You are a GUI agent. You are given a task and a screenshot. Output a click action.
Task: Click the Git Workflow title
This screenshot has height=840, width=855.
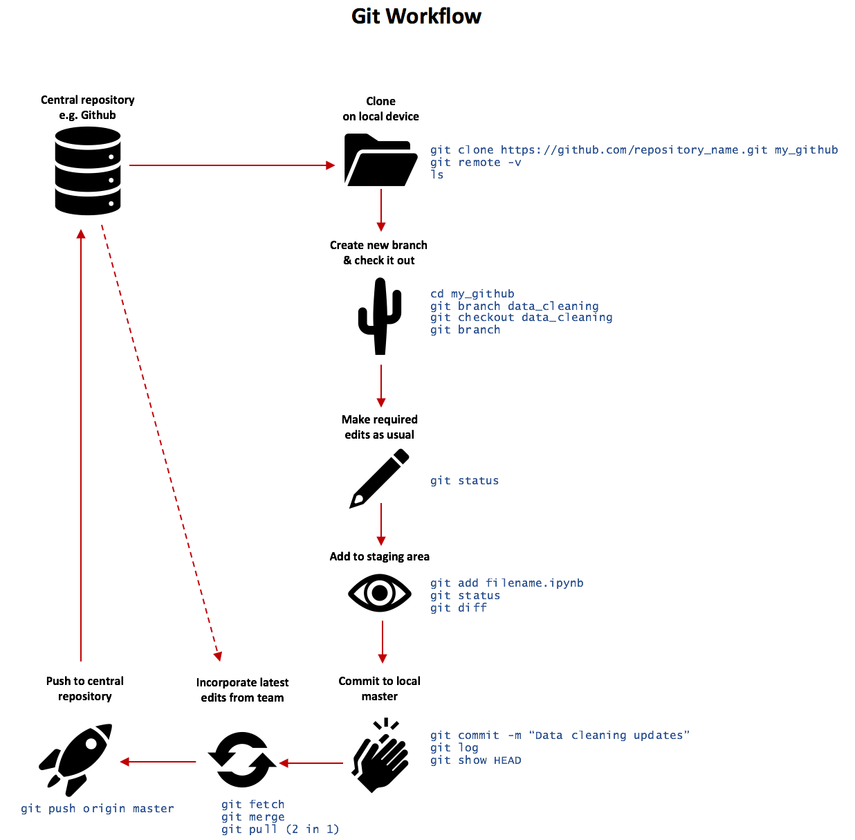(x=416, y=16)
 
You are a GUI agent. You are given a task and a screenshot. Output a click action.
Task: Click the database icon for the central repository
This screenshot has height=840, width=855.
(x=88, y=171)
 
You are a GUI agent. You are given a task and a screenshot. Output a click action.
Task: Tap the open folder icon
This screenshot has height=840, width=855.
(x=380, y=161)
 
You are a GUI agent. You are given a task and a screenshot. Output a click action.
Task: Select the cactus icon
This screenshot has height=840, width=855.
(x=380, y=316)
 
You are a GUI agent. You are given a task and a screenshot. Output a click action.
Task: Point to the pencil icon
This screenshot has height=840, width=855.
(x=379, y=478)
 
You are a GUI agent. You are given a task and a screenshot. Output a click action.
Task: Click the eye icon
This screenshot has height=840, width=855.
(x=380, y=593)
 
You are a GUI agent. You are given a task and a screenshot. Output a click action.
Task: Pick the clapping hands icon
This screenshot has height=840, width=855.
(x=380, y=756)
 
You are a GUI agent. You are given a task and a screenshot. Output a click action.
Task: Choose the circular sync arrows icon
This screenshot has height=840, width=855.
(x=242, y=760)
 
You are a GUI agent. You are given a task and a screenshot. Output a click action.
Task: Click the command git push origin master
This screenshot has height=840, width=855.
(x=98, y=808)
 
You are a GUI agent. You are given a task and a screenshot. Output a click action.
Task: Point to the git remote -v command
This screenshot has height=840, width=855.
(x=475, y=163)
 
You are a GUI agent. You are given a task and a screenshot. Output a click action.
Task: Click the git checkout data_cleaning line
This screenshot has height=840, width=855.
(x=521, y=318)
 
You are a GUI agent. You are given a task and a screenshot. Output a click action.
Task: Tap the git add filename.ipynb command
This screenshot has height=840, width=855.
(x=506, y=583)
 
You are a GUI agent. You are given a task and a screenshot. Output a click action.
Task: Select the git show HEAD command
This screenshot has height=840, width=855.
(x=475, y=760)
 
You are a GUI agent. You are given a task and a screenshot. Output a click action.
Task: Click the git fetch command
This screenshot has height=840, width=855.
(x=252, y=804)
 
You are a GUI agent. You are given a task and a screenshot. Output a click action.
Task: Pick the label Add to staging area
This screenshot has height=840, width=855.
(x=379, y=556)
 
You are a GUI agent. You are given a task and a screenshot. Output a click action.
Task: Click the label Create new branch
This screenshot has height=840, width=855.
(x=378, y=245)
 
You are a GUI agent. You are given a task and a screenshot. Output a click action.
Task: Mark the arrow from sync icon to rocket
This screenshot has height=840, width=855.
(x=158, y=762)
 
